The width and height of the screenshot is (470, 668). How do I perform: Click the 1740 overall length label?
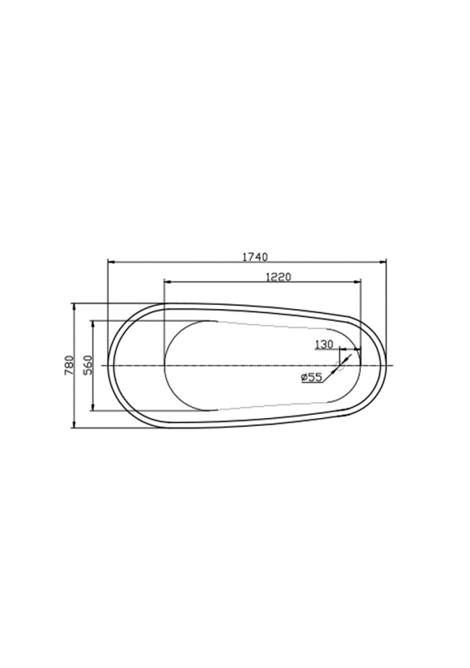coord(255,257)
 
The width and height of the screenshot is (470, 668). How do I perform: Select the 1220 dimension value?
coord(278,277)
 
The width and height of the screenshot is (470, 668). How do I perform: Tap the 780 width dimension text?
coord(69,365)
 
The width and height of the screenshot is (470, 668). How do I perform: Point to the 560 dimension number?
coord(88,365)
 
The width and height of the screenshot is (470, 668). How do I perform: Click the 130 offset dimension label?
coord(324,344)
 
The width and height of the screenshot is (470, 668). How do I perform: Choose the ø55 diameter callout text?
coord(311,377)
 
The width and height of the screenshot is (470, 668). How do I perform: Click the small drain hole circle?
coord(340,365)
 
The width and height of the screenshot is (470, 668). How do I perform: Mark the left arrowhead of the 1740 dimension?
coord(111,262)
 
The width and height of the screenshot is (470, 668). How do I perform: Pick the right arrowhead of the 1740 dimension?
coord(382,262)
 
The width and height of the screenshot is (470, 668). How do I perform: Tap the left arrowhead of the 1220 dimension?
coord(169,282)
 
